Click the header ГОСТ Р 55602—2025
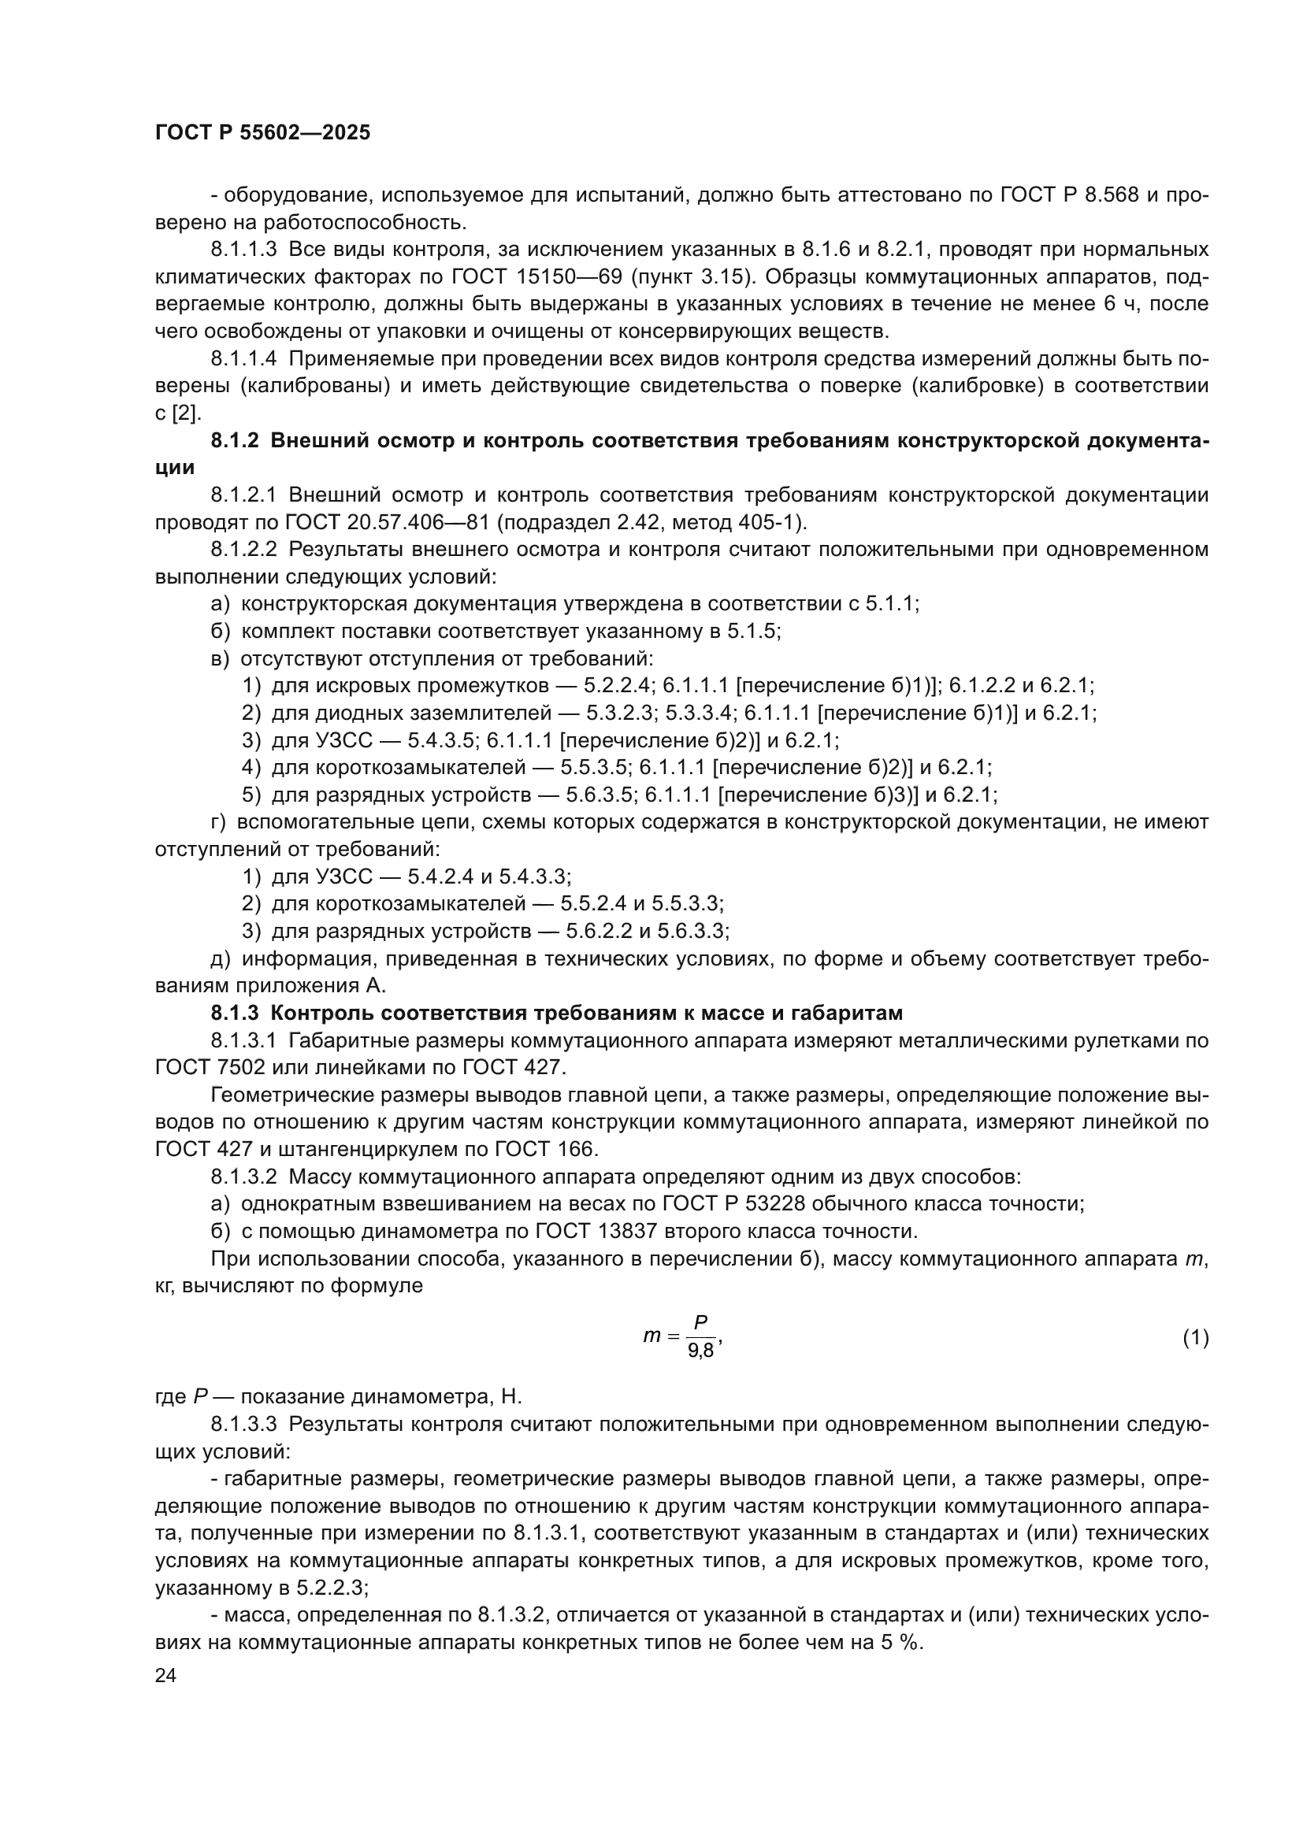click(262, 133)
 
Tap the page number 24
click(165, 1675)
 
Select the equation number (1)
click(1195, 1337)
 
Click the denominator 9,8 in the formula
click(700, 1351)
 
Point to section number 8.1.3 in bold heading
click(234, 1014)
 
